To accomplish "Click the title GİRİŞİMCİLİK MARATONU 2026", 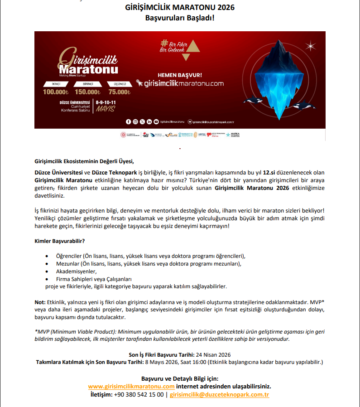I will [180, 8].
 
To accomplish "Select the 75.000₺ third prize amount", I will [120, 92].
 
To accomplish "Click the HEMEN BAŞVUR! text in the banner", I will [180, 75].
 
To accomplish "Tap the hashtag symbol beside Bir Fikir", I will [164, 44].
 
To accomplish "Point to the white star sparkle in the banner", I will [311, 45].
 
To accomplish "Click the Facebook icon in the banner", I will [129, 121].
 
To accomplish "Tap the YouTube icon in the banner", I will [156, 121].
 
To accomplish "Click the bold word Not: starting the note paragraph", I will [40, 302].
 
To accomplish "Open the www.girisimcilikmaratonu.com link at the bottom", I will [131, 387].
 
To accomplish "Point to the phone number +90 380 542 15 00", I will [139, 395].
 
